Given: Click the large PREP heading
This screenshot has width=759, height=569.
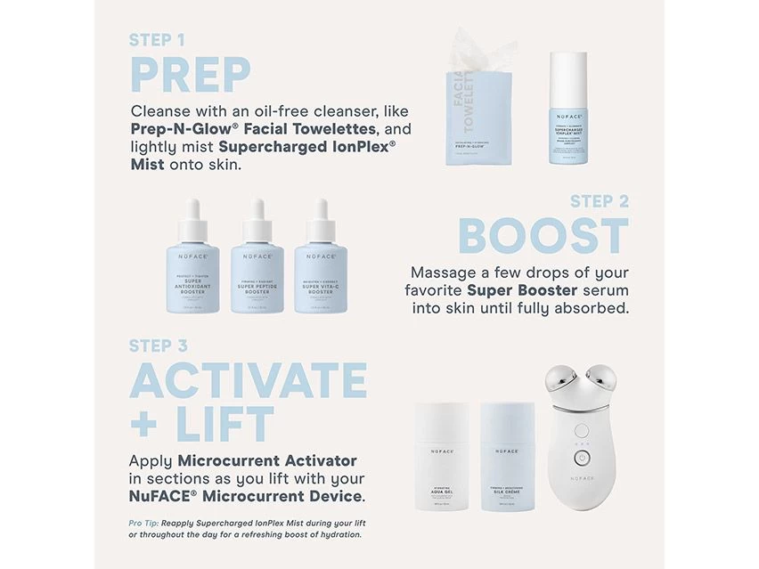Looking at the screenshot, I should pos(191,74).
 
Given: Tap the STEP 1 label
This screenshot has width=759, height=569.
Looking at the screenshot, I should pos(158,40).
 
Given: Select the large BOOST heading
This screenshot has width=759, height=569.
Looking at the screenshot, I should pos(543,235).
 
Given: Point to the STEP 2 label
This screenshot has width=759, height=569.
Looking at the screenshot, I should pos(599,201).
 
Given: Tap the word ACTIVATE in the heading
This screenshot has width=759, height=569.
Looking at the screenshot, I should pos(248,380).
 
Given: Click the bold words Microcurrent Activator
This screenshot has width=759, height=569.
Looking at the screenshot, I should pos(267,460).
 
